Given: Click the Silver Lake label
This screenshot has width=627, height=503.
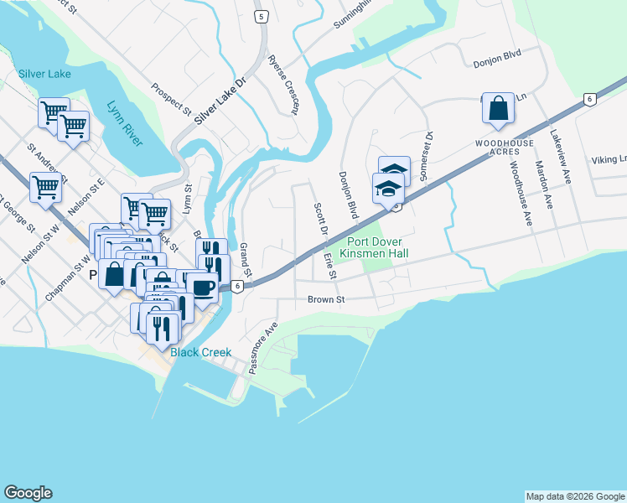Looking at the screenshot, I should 44,74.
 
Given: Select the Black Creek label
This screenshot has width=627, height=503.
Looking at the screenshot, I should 200,352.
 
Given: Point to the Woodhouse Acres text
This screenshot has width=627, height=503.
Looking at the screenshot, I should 499,146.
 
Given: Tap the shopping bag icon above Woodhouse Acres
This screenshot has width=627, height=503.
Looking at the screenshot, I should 498,109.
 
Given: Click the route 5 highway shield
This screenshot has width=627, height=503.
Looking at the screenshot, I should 262,17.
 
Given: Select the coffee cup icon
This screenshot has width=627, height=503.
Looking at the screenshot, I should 203,288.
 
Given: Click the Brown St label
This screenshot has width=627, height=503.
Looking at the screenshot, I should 326,298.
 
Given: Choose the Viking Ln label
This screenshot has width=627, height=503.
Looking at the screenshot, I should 609,159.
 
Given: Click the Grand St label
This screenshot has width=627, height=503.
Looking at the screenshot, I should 246,261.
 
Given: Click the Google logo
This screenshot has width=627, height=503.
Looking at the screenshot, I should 28,493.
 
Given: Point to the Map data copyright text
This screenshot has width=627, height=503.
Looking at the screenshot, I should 574,496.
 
